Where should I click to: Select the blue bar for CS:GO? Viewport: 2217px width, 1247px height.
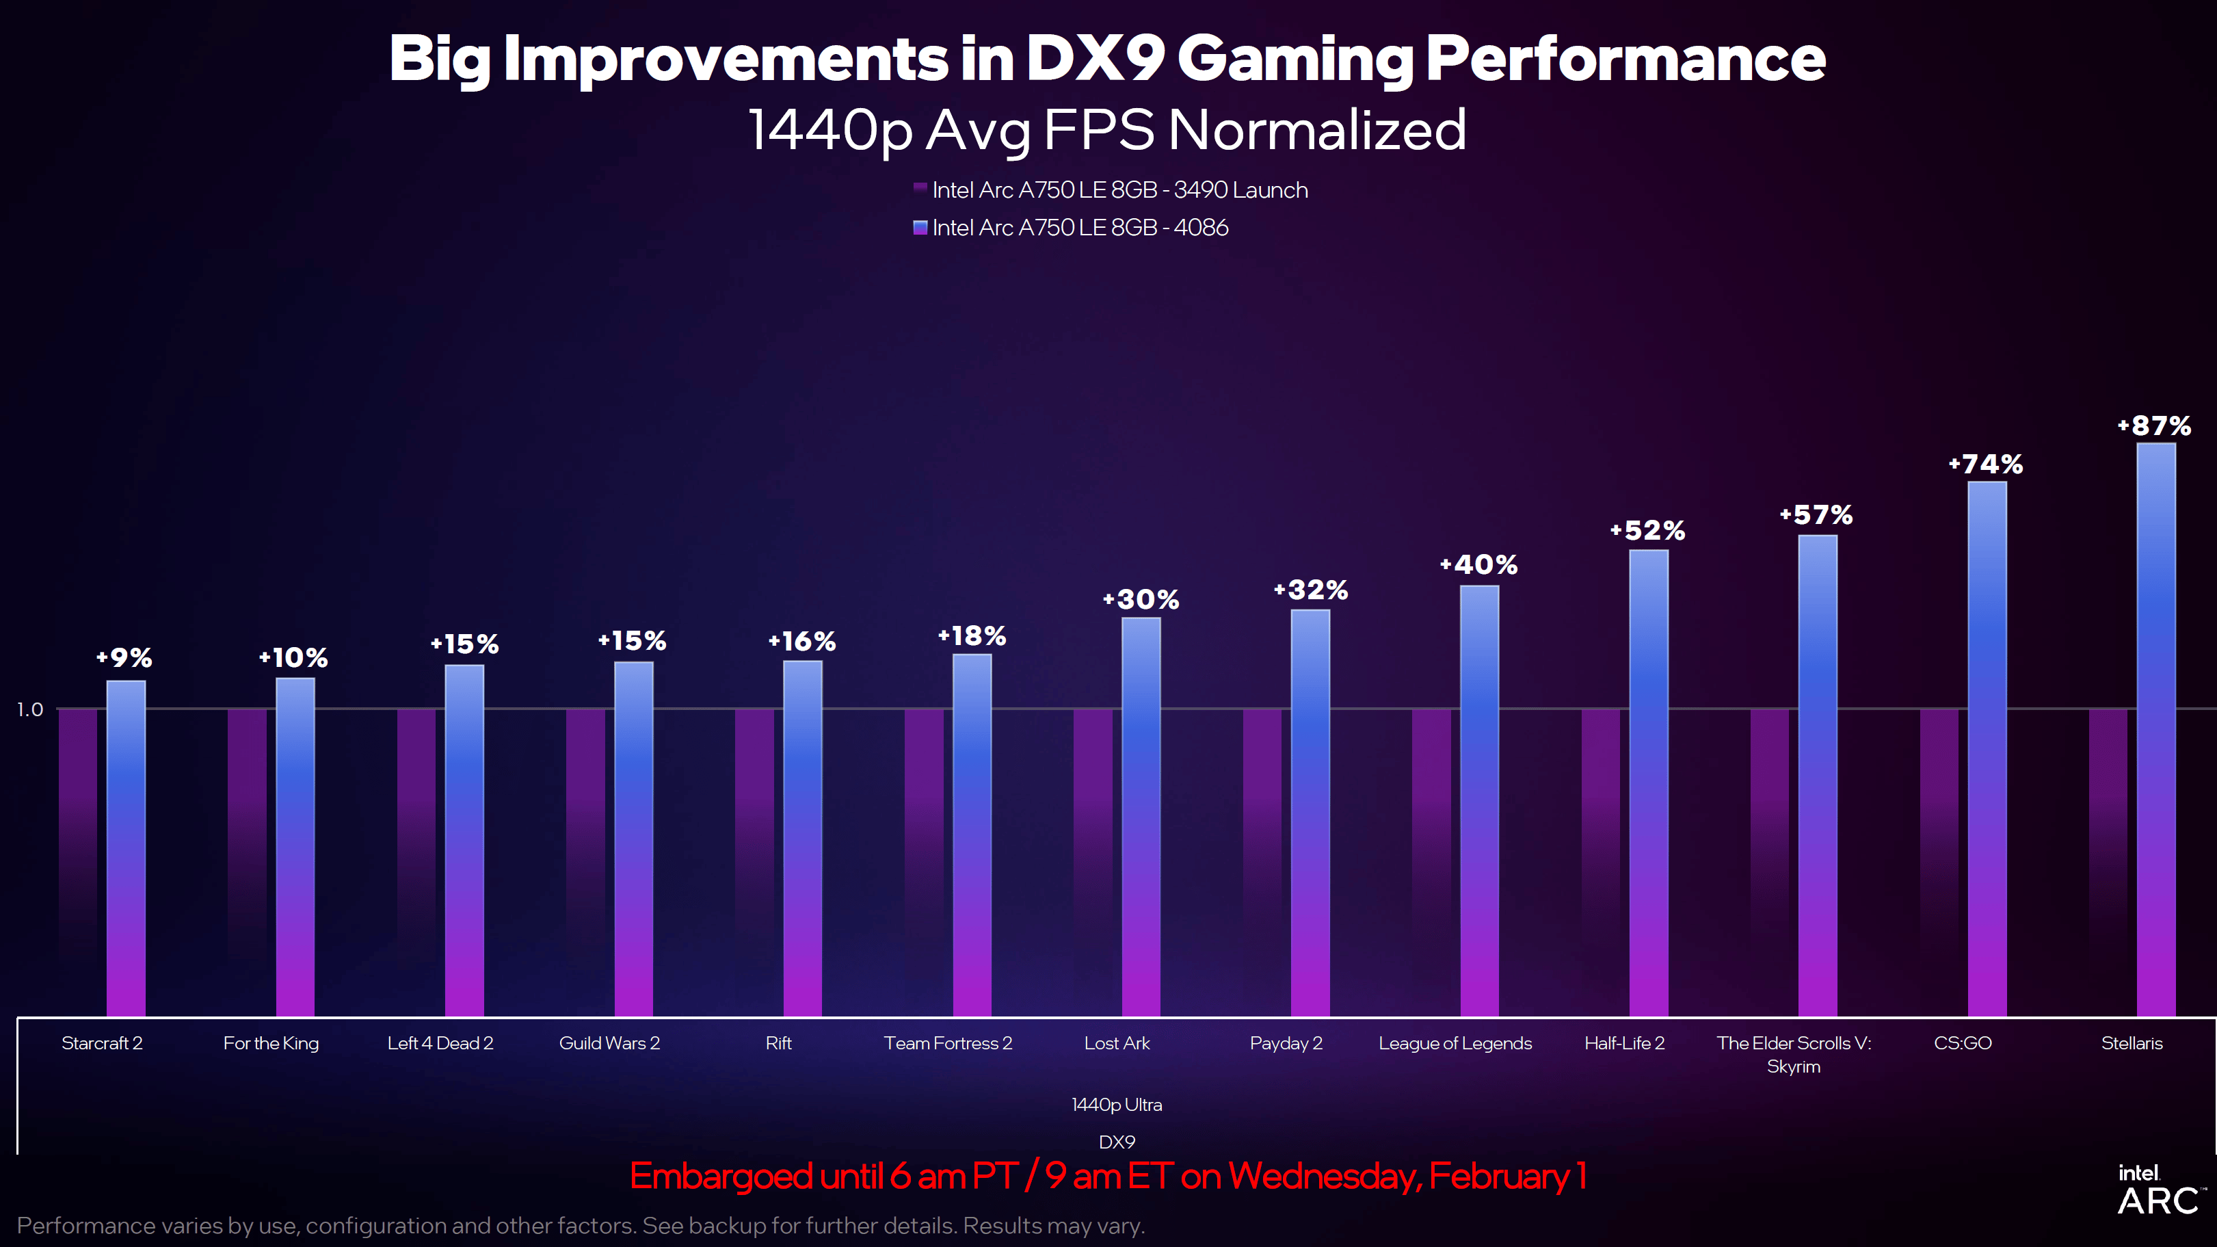1987,749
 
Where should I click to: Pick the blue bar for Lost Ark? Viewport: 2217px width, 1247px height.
1141,817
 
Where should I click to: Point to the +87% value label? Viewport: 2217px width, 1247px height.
2154,426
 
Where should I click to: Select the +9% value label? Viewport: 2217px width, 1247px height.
124,658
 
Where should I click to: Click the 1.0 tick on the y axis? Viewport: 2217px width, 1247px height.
29,709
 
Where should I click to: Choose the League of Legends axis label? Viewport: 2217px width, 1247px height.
1455,1043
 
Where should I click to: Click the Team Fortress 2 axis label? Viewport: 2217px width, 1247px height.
948,1043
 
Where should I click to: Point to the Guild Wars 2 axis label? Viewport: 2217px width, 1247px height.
609,1043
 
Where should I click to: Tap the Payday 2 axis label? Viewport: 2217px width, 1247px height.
1286,1043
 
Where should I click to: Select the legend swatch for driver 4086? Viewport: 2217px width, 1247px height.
920,227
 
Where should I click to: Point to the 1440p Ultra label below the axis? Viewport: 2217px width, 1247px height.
1116,1105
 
